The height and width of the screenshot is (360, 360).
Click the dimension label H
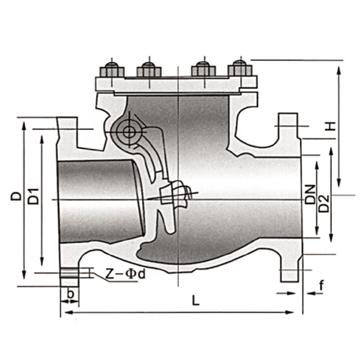(330, 126)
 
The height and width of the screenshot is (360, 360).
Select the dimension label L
(196, 301)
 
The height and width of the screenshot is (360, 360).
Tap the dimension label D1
(34, 197)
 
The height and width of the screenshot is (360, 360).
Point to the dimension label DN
(310, 194)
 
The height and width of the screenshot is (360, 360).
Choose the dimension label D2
(324, 204)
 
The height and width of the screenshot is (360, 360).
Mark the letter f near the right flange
(321, 286)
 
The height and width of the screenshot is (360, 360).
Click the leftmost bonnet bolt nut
(112, 70)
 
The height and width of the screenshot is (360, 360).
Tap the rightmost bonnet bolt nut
(240, 68)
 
